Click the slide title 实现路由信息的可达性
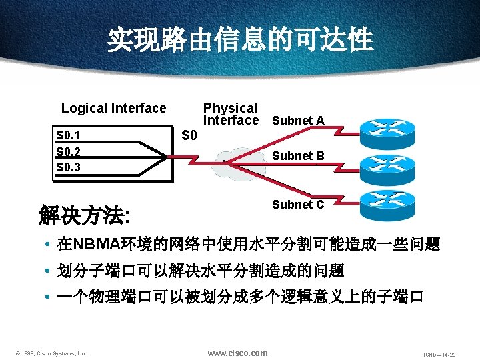[240, 39]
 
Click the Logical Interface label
[113, 108]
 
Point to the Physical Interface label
[230, 114]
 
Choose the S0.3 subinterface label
[69, 167]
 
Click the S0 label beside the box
[189, 137]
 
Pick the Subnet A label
[298, 121]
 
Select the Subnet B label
[298, 156]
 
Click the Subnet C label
[298, 205]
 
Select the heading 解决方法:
[85, 215]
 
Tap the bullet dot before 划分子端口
[49, 271]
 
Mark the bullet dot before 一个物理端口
[49, 297]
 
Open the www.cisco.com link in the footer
[237, 353]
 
